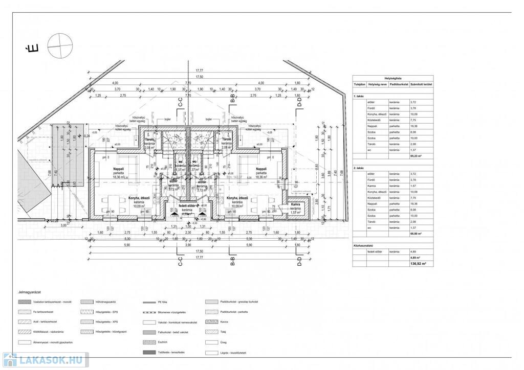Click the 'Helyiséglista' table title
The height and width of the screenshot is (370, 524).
pos(391,78)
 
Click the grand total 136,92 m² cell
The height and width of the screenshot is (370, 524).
pos(416,264)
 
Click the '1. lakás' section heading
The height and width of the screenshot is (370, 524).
pos(358,96)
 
